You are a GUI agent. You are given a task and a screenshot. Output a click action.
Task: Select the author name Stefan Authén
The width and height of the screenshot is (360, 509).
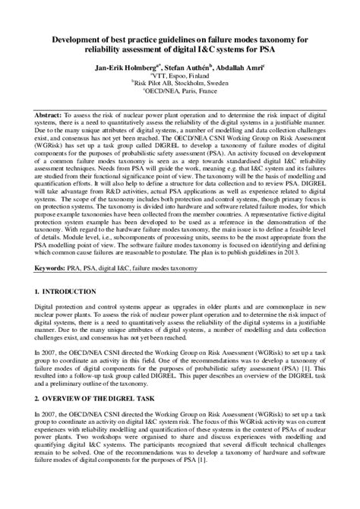(x=188, y=67)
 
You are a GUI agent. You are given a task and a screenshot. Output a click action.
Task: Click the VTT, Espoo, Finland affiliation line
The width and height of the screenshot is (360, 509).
(x=180, y=77)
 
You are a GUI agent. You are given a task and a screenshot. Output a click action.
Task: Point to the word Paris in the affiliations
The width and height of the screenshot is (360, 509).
(x=181, y=95)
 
